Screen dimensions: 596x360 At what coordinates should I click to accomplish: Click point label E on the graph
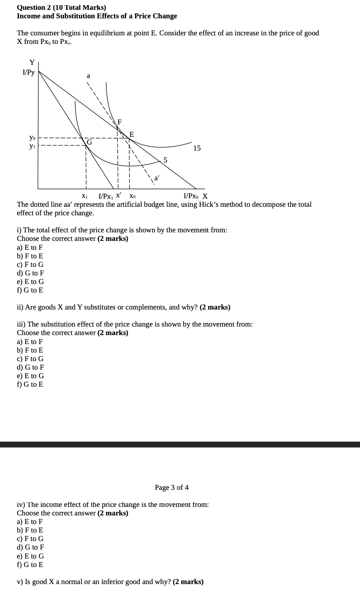[x=131, y=134]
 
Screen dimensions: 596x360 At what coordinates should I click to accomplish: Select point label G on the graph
[x=89, y=142]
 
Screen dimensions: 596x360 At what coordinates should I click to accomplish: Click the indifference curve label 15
[x=197, y=148]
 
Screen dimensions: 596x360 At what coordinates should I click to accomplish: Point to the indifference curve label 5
[x=165, y=160]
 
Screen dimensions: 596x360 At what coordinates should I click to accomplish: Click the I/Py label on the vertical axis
[x=29, y=72]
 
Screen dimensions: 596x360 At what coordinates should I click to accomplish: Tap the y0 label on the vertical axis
[x=32, y=138]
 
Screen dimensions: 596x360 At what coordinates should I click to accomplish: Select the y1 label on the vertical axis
[x=32, y=146]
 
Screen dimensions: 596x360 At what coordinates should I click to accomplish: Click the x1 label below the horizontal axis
[x=84, y=197]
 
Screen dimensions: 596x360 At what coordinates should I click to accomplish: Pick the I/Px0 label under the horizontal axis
[x=191, y=197]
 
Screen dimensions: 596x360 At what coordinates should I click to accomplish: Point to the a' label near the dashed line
[x=157, y=179]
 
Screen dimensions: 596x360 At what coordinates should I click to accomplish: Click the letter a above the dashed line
[x=88, y=76]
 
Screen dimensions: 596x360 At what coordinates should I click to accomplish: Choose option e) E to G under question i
[x=30, y=281]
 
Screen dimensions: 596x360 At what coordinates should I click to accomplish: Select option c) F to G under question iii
[x=30, y=359]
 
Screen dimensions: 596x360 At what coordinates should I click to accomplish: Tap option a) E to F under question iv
[x=30, y=522]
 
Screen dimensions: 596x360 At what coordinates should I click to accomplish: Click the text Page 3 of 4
[x=171, y=487]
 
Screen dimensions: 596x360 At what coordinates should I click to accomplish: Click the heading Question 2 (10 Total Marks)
[x=61, y=7]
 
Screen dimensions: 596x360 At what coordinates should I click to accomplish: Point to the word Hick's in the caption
[x=209, y=205]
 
